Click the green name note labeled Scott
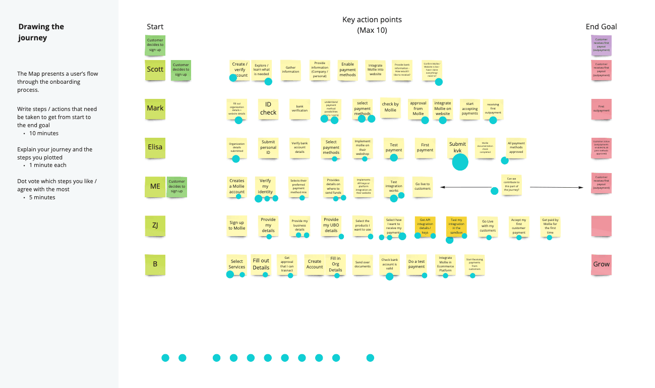coord(155,70)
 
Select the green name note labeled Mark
coord(155,108)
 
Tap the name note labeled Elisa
coord(155,147)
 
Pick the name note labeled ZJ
coord(155,226)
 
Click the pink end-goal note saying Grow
coord(601,264)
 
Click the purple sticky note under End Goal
coord(601,45)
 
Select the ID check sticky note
coord(268,108)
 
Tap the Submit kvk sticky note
coord(457,147)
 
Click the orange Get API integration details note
coord(425,226)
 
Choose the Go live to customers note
coord(423,186)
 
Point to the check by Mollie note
coord(390,107)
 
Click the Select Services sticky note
coord(237,264)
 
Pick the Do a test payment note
coord(416,264)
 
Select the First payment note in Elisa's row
coord(425,147)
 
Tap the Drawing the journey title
coord(41,32)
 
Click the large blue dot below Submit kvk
coord(460,162)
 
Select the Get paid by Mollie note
coord(550,226)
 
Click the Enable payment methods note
coord(347,70)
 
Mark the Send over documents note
coord(363,264)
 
